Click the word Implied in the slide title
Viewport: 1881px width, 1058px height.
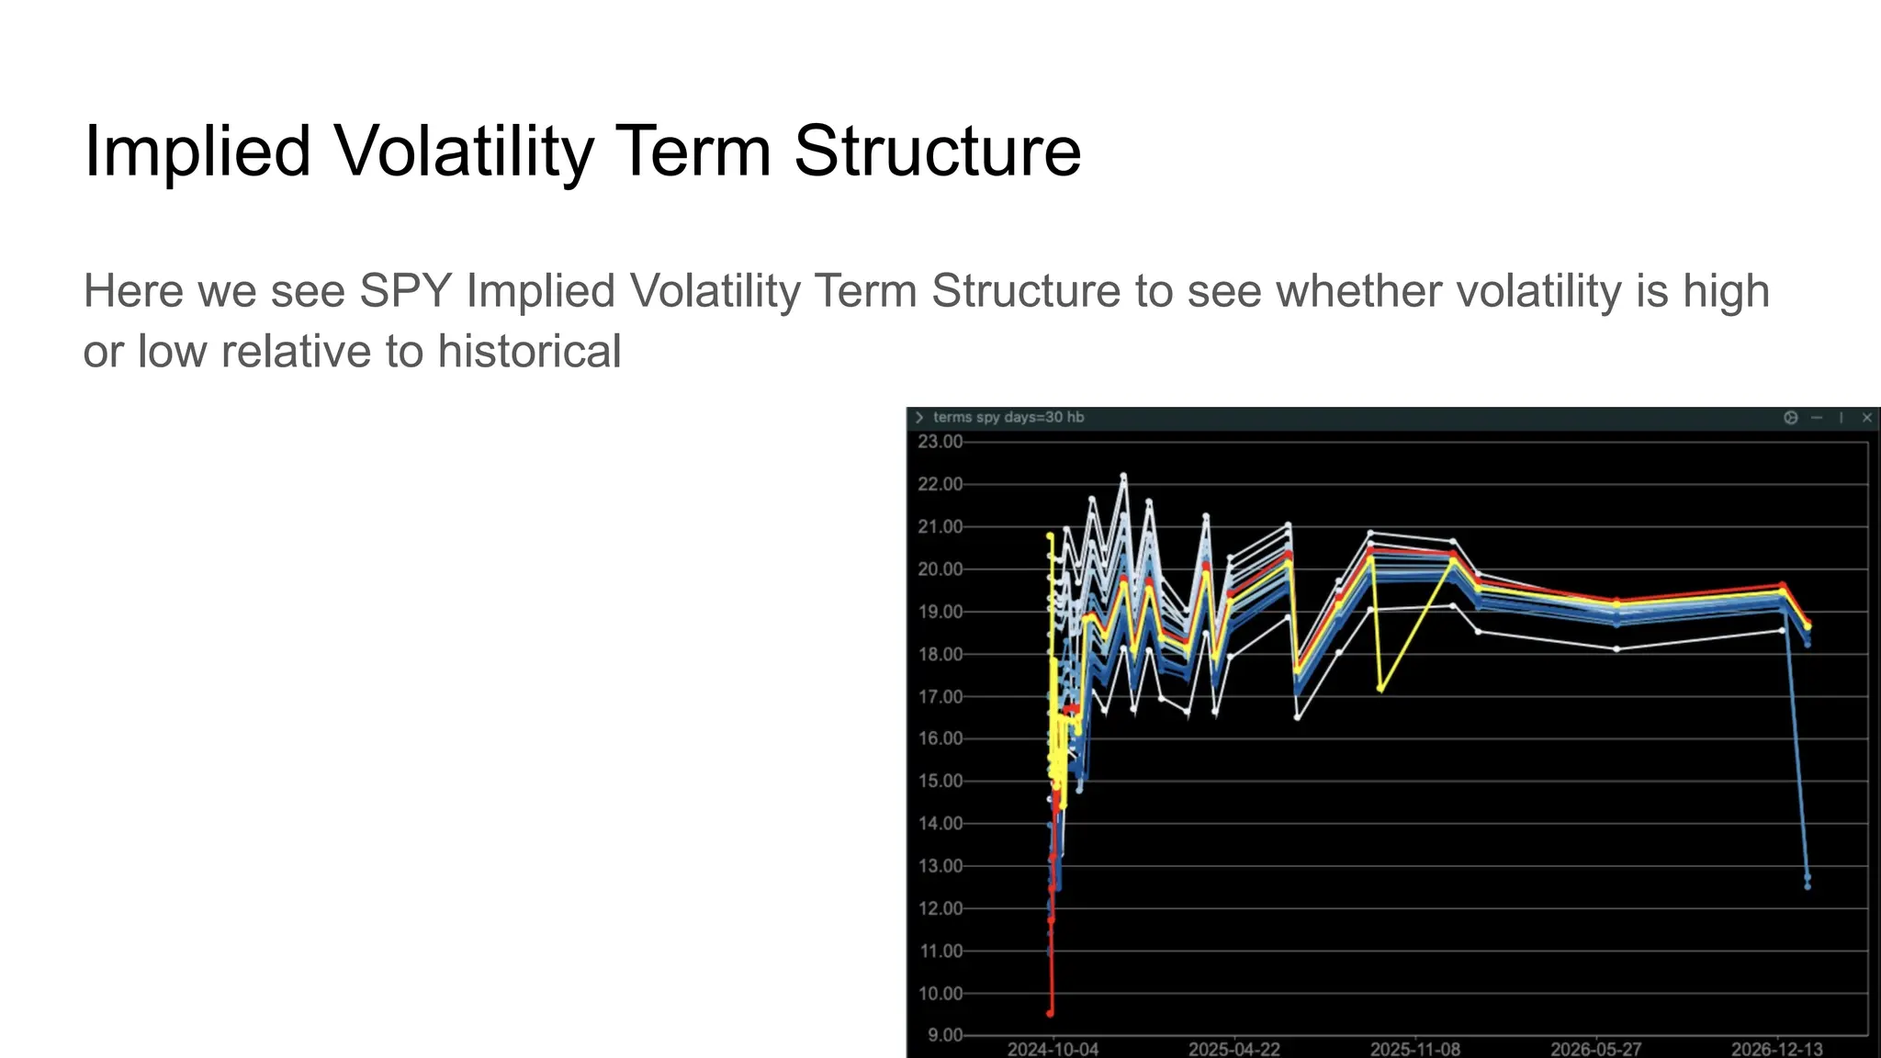click(197, 152)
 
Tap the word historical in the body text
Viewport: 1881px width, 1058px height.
click(529, 352)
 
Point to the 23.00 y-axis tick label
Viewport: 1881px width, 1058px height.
click(940, 442)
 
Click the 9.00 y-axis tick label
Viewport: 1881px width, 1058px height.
click(944, 1035)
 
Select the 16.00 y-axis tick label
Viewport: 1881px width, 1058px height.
click(940, 738)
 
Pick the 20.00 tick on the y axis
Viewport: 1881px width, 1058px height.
click(940, 569)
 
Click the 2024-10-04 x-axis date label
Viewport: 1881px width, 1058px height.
click(1053, 1049)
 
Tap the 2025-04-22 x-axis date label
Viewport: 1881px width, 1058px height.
click(1233, 1049)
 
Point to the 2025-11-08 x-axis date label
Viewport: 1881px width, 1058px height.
click(1414, 1049)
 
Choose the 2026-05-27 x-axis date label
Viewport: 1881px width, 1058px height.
click(1595, 1049)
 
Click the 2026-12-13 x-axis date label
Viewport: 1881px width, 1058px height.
click(1776, 1049)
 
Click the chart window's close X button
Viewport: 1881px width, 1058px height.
click(1866, 418)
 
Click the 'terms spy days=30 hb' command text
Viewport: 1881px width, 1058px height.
click(1008, 418)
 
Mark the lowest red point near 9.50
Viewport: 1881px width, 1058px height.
click(1050, 1013)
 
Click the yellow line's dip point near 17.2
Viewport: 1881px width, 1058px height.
click(1380, 688)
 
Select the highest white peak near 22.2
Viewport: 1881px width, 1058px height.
click(1122, 476)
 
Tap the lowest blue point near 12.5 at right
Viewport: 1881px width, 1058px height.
click(1808, 886)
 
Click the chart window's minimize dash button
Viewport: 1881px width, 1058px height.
click(1817, 418)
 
